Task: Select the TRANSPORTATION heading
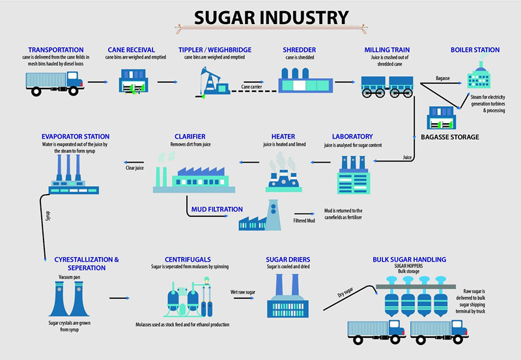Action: (56, 49)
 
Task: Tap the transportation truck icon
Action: (55, 83)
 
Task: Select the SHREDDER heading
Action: (299, 49)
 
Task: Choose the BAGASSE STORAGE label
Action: (451, 137)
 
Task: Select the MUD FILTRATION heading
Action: (217, 210)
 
